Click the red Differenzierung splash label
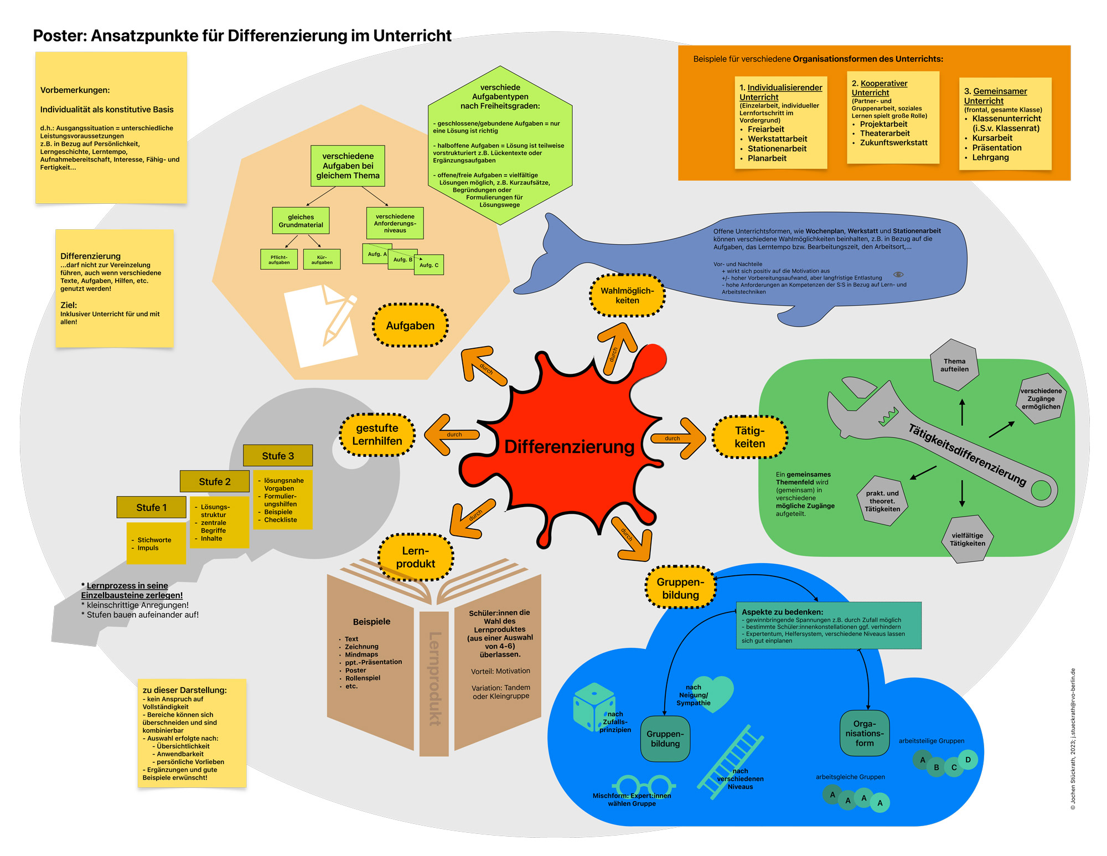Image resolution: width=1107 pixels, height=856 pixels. (569, 446)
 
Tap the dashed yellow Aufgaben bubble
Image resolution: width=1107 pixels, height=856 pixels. (410, 326)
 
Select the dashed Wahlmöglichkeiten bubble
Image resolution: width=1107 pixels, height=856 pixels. (627, 296)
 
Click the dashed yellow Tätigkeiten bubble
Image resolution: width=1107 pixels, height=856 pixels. (749, 437)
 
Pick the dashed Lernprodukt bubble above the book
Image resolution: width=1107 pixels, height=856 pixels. (415, 557)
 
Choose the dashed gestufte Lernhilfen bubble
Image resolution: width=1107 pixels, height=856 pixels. (377, 435)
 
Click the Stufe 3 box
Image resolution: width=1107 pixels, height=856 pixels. (278, 456)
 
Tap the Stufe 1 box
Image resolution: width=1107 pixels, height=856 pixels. (151, 507)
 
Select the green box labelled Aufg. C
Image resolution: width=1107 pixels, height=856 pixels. (429, 265)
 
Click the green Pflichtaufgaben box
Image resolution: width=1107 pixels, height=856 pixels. (279, 260)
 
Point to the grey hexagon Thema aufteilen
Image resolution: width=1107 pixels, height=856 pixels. (954, 365)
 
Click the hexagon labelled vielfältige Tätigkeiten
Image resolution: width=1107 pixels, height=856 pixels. (967, 539)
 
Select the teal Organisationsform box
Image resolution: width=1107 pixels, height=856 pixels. (864, 734)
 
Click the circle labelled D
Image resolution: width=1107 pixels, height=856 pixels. (968, 760)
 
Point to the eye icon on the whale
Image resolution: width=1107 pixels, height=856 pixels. (898, 275)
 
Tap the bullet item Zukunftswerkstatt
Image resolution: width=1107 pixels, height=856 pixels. (893, 143)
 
